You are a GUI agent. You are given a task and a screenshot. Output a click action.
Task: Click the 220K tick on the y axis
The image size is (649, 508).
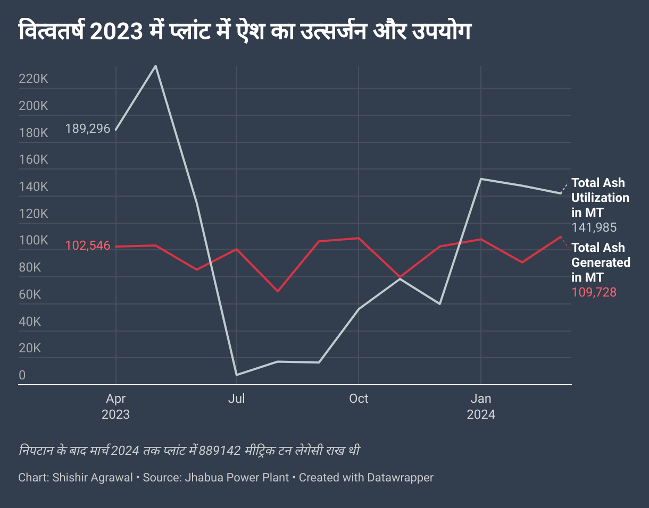coord(34,79)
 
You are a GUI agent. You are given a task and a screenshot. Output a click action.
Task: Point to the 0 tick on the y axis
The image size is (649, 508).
coord(22,375)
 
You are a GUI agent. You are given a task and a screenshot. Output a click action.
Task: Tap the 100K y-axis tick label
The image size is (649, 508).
coord(34,241)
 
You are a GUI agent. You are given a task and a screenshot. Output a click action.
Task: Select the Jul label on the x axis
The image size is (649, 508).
coord(236,399)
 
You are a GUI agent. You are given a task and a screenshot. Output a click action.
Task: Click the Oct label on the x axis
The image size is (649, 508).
coord(359,399)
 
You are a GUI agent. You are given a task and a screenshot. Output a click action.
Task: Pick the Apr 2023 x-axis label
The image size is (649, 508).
coord(115,407)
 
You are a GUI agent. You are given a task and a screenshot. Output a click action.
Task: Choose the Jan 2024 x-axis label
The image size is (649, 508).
coord(481,407)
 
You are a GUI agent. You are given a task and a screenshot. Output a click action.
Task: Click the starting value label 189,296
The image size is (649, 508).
coord(88,129)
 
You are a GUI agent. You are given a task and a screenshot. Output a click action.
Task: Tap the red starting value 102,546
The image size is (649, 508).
coord(88,246)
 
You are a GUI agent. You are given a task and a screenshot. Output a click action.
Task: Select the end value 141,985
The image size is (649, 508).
coord(594,228)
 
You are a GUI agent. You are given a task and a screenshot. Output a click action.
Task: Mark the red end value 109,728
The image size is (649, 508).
coord(594,292)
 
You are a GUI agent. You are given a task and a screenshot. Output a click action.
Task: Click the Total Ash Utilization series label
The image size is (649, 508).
coord(600,198)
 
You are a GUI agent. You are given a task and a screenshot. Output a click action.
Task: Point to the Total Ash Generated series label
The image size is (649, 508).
coord(601,263)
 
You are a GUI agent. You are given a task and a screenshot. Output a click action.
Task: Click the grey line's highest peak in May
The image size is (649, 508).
coord(155,66)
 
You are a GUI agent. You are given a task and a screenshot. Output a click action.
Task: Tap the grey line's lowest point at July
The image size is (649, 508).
coord(236,375)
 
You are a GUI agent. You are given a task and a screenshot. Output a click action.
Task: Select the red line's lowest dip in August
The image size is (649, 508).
coord(277,291)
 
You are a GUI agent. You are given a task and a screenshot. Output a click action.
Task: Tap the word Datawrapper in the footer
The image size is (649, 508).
coord(400,478)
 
